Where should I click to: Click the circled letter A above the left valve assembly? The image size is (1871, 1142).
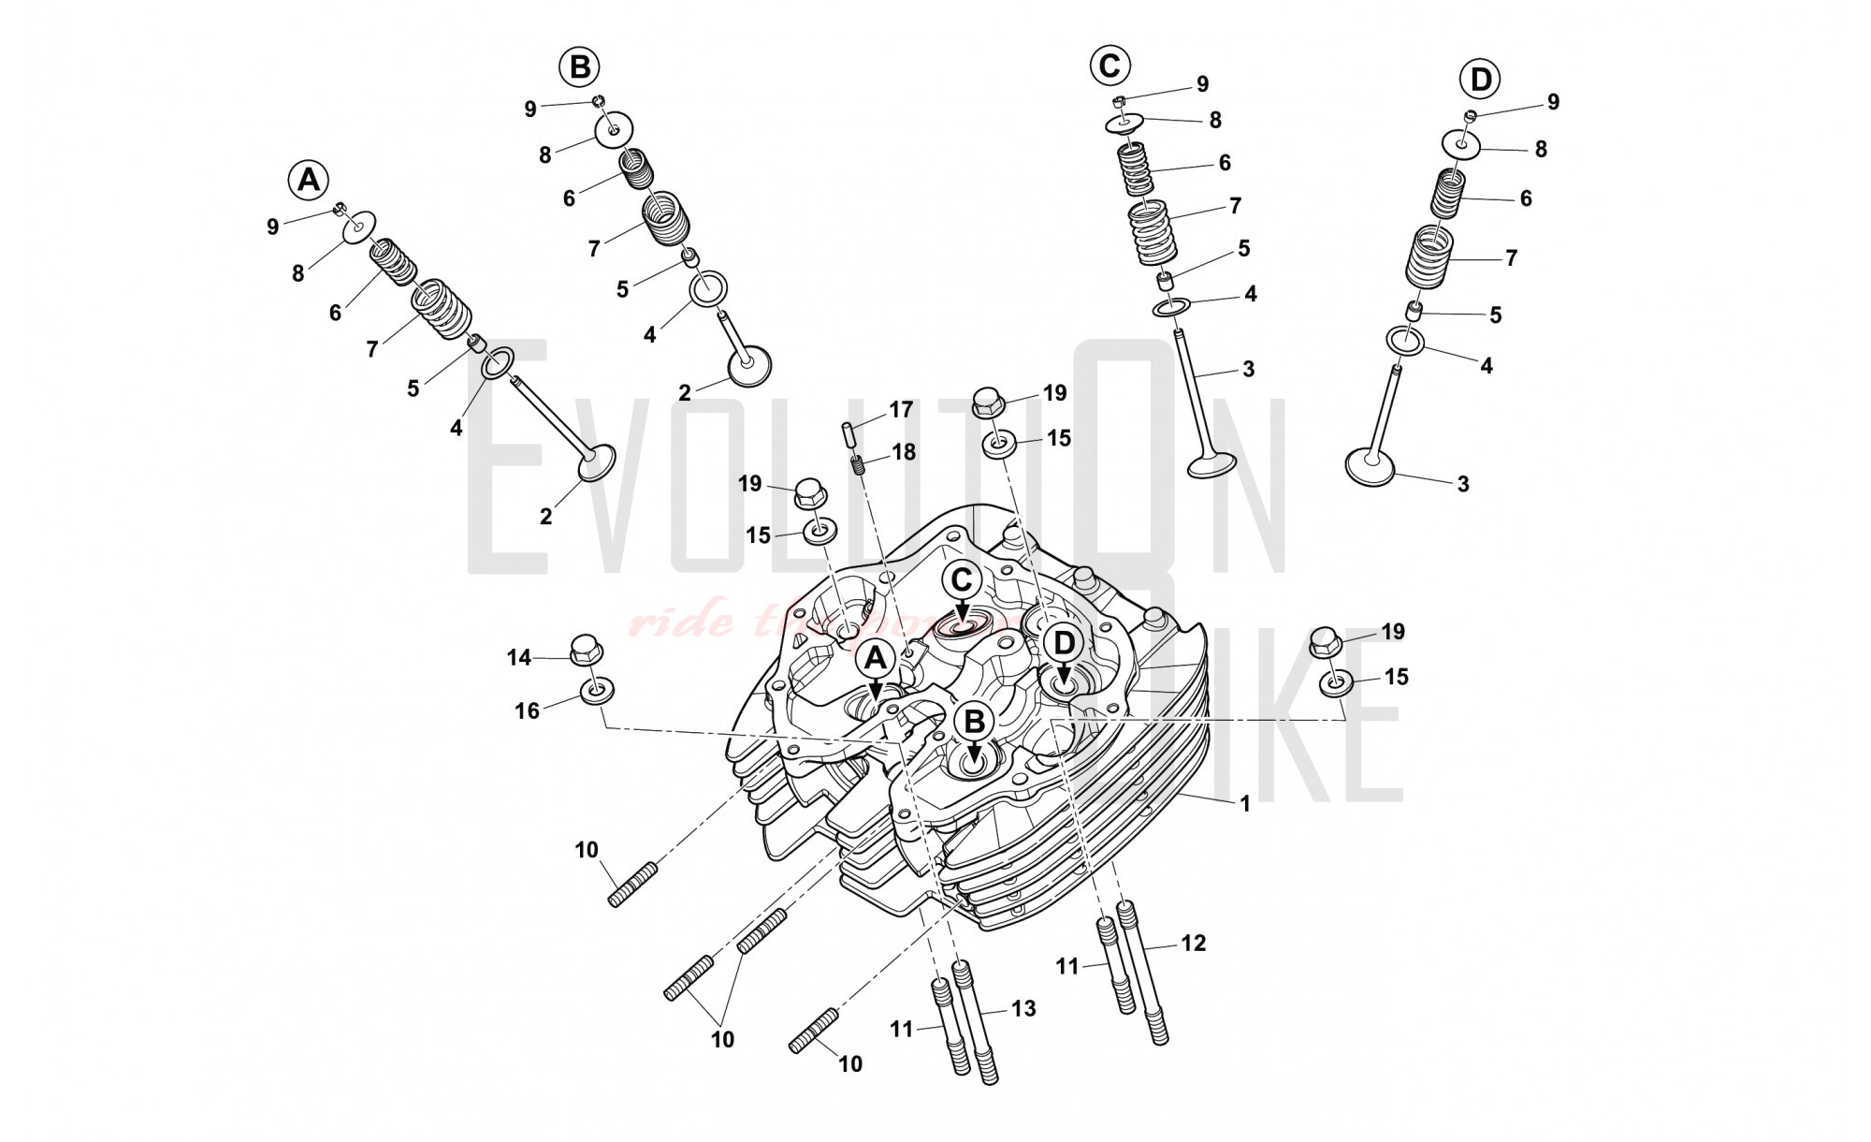pos(309,179)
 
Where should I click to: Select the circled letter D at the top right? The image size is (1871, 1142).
pos(1480,80)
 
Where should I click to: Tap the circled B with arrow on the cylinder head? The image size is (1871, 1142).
pos(974,722)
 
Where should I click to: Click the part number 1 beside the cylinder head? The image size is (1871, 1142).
pos(1244,803)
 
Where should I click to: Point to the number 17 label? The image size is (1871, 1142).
pos(900,409)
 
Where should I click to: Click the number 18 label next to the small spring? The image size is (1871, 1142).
pos(903,452)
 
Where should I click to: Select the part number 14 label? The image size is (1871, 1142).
pos(519,657)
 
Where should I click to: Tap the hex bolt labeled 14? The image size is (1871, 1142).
pos(585,648)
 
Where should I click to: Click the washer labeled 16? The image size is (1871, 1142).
pos(597,693)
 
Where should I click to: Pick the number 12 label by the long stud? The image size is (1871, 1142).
pos(1193,943)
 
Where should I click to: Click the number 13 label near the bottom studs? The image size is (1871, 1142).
pos(1023,1008)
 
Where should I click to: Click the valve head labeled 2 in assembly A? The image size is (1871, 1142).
pos(596,462)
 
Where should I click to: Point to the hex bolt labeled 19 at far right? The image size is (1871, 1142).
pos(1326,642)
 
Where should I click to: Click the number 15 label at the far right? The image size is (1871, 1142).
pos(1396,677)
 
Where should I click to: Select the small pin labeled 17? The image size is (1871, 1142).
pos(848,436)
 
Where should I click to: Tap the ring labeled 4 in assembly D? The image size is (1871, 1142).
pos(1405,340)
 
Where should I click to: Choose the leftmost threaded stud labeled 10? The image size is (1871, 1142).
pos(633,885)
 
